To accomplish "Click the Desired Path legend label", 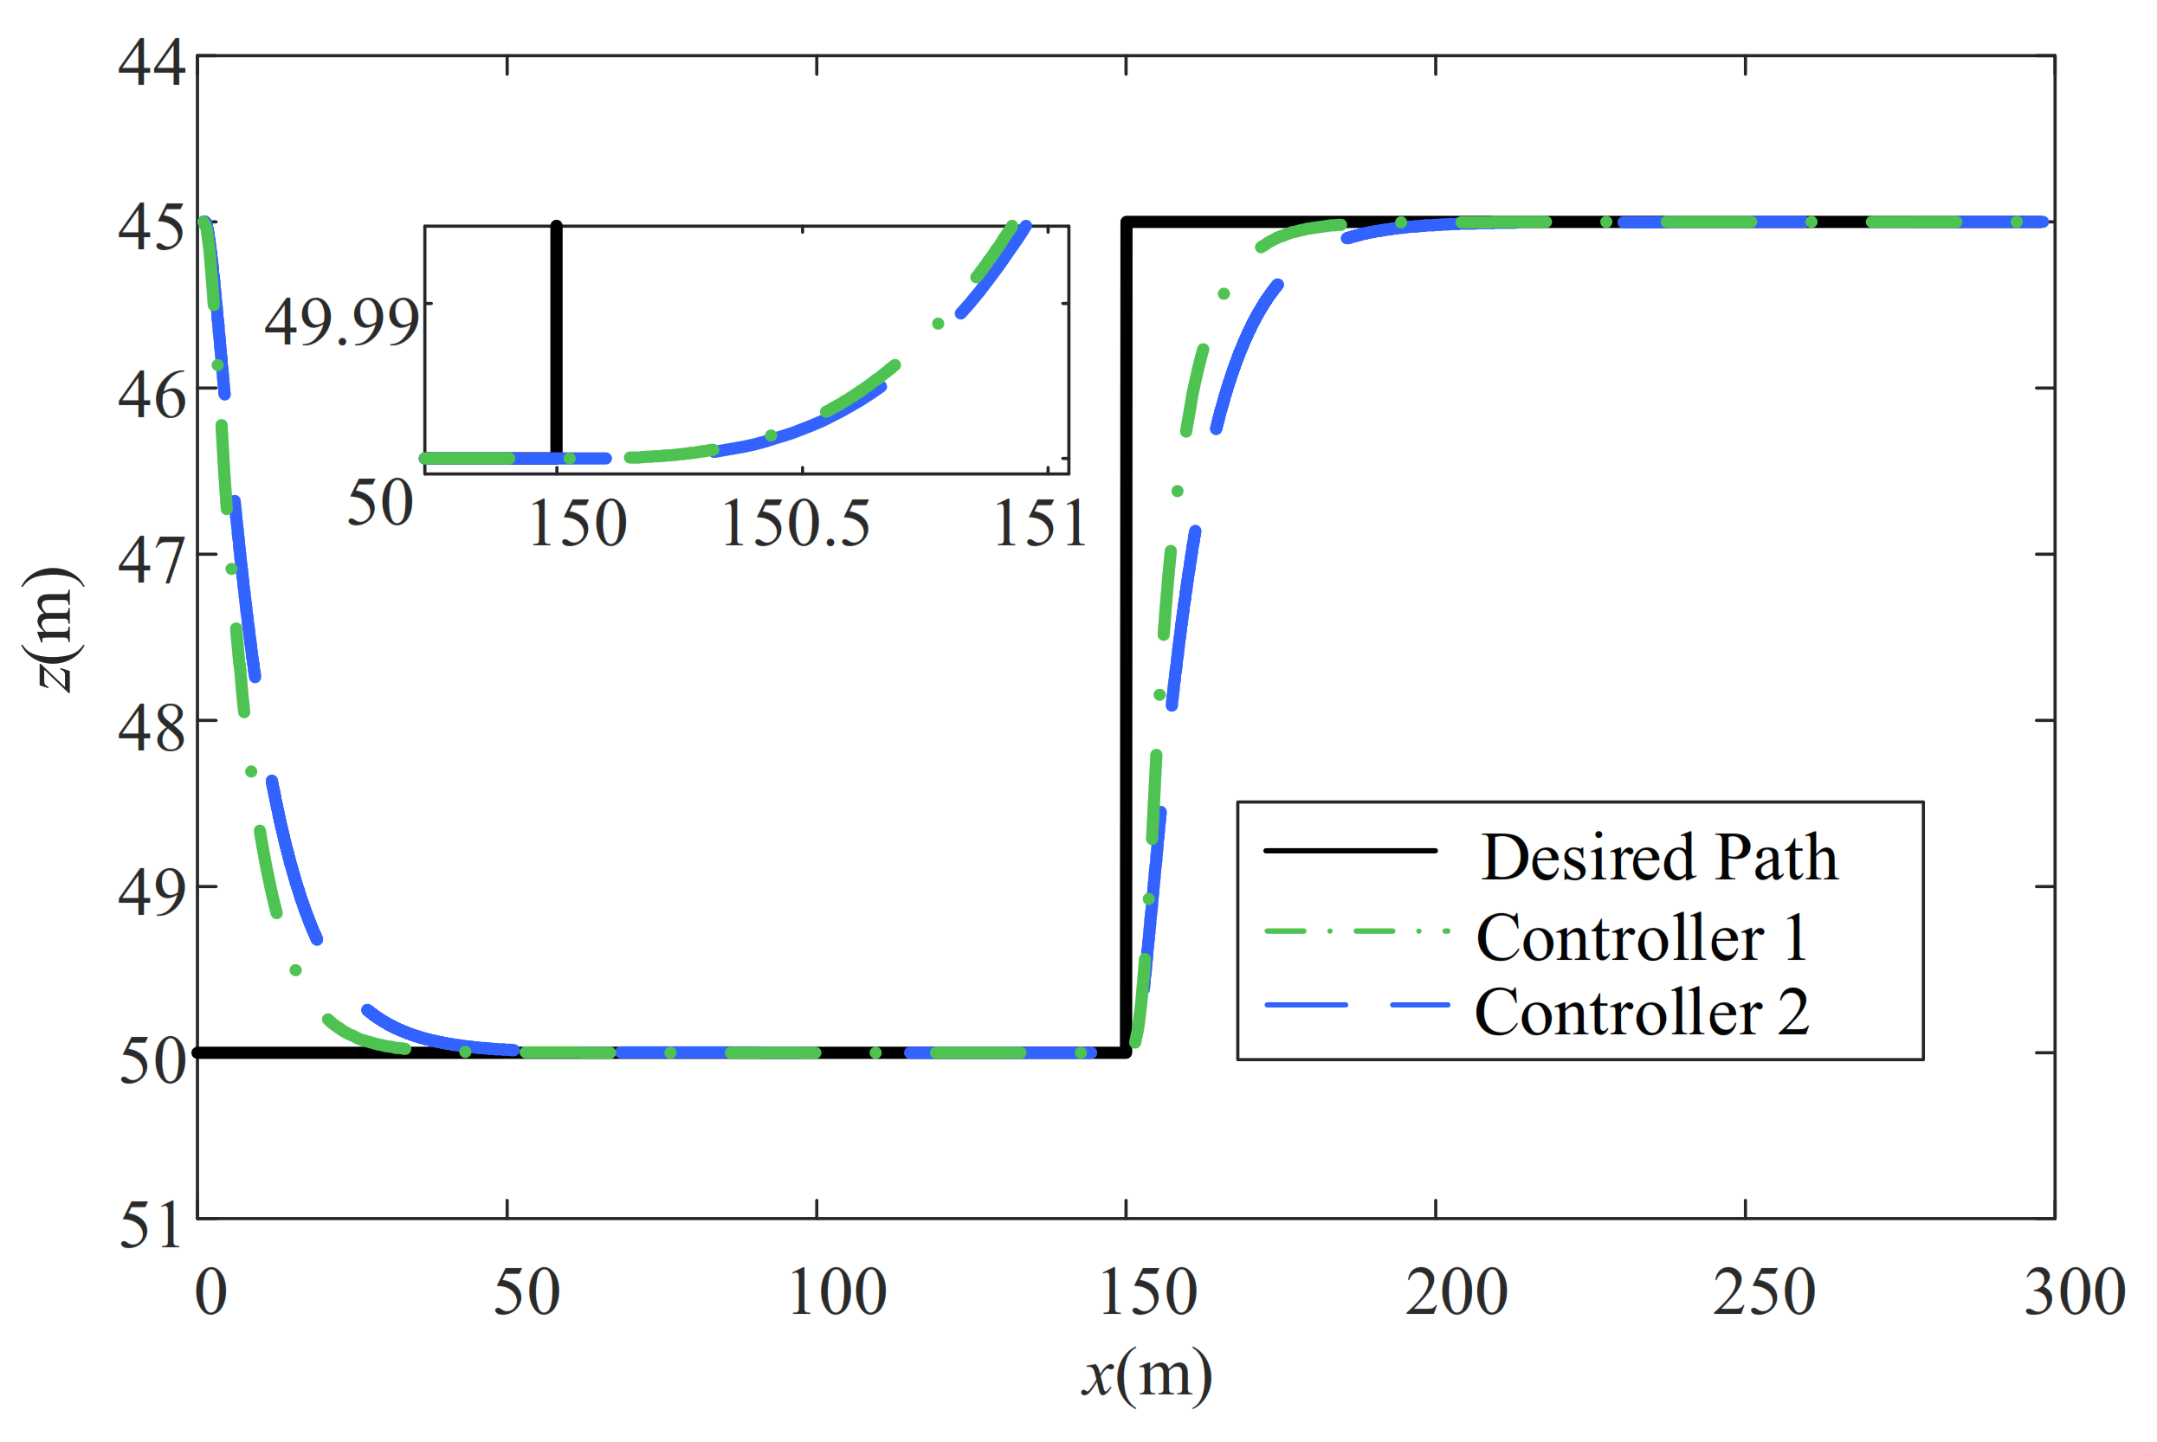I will click(x=1659, y=857).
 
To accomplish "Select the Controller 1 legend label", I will click(x=1642, y=938).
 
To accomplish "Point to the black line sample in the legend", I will click(x=1350, y=851).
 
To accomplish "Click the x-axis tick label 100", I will click(x=837, y=1292).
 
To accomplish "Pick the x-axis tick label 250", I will click(x=1763, y=1292).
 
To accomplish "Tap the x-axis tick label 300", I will click(x=2074, y=1292).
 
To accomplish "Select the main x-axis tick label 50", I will click(x=526, y=1292).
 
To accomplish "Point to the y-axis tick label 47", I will click(x=152, y=560).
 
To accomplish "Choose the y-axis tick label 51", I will click(x=152, y=1224).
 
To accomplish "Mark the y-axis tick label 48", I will click(x=152, y=726).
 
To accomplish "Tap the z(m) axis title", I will click(x=54, y=630).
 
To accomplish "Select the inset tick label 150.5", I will click(x=795, y=525).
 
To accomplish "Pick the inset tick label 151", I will click(x=1040, y=525).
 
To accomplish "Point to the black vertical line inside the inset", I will click(x=557, y=340).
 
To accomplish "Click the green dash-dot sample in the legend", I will click(x=1356, y=931).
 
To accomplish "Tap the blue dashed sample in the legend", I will click(x=1356, y=1005).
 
